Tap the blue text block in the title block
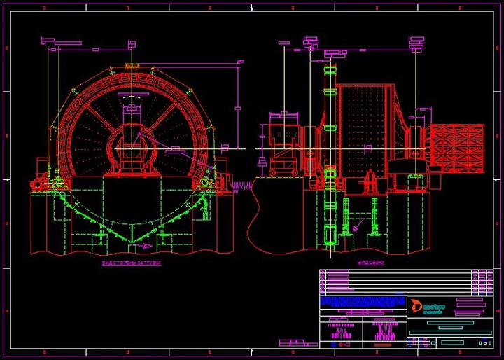(363, 302)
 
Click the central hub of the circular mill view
(132, 148)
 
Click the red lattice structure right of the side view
(459, 149)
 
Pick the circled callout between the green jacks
(358, 226)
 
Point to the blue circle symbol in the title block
(484, 342)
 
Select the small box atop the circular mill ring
(131, 67)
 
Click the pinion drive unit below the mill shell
(369, 184)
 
